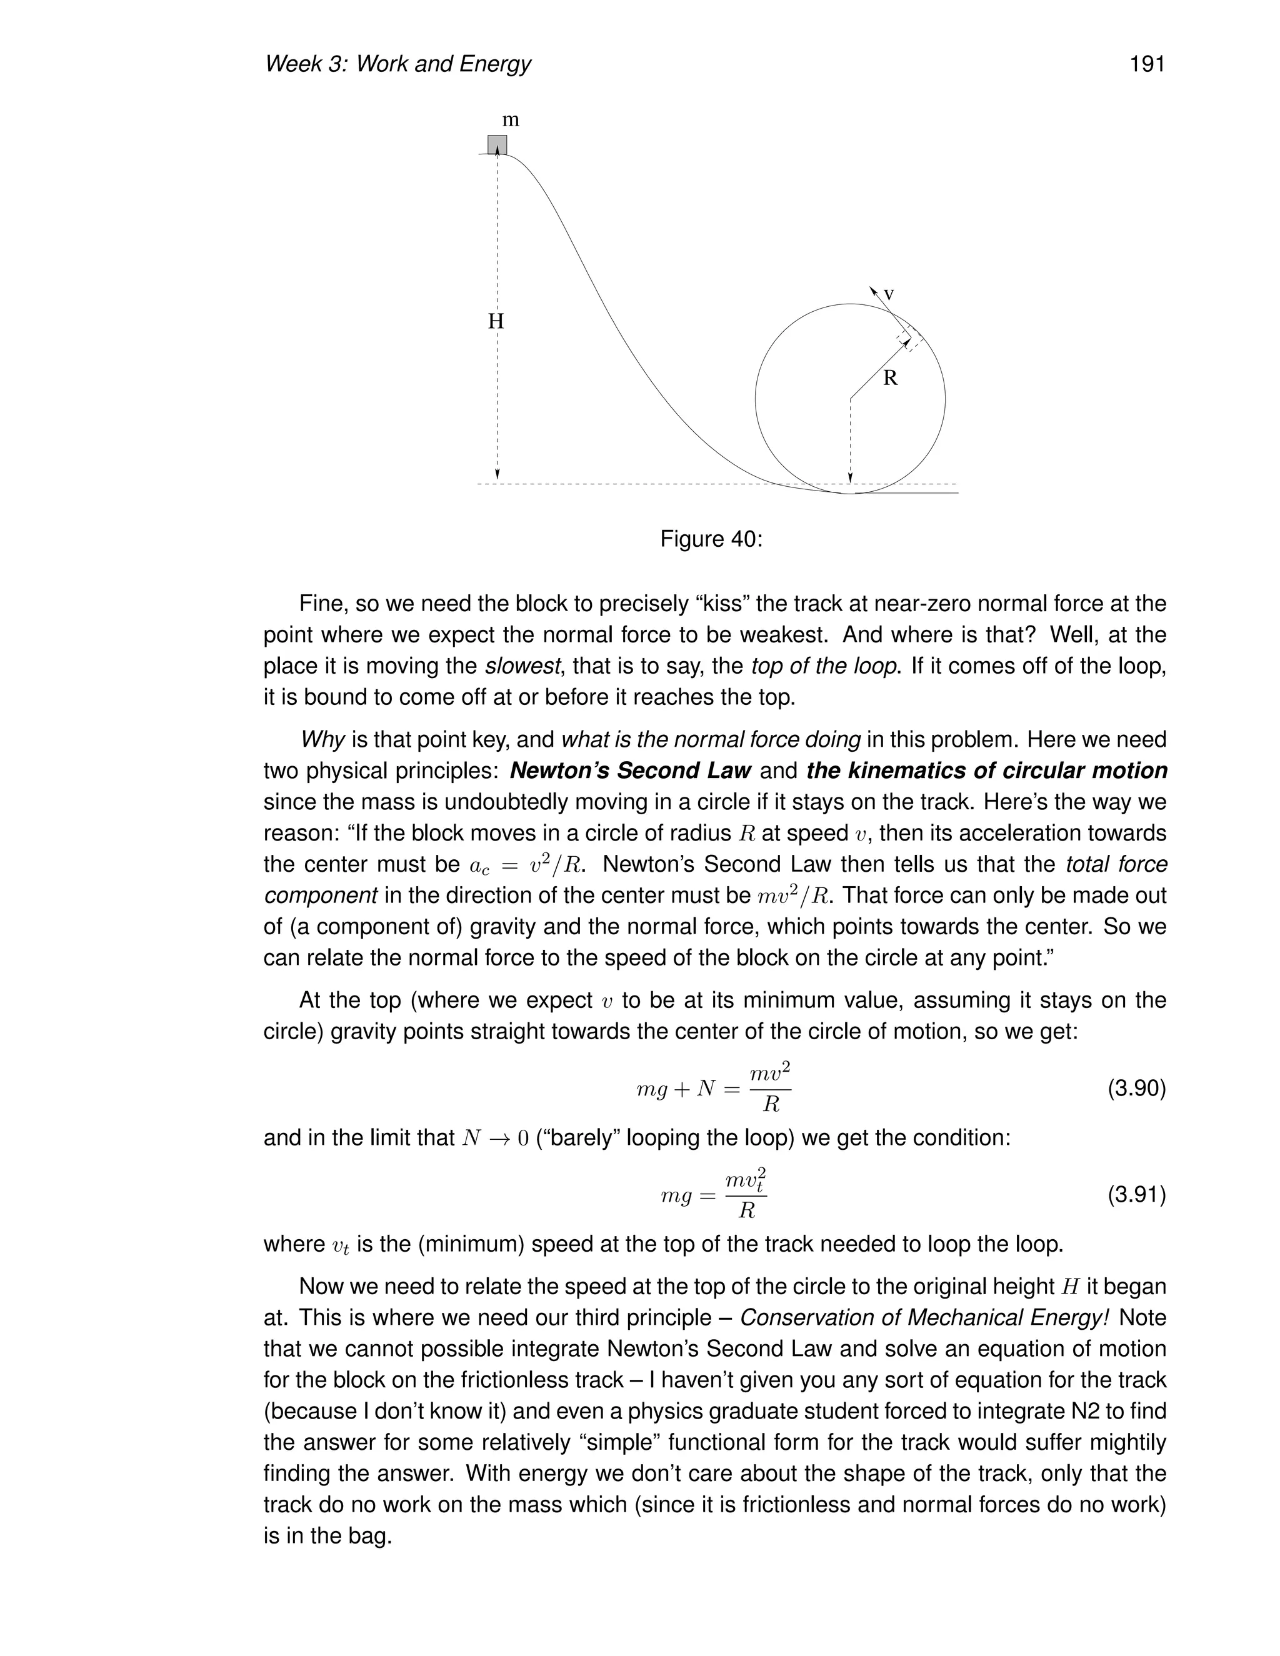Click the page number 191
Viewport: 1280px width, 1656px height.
(1146, 64)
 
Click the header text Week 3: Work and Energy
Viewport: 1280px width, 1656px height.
(397, 64)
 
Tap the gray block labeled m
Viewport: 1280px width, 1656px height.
(497, 144)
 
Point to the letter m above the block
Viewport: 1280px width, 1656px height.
(511, 120)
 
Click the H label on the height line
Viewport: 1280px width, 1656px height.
(495, 321)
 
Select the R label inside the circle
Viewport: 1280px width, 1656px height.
(890, 377)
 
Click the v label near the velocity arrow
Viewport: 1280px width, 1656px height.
(889, 294)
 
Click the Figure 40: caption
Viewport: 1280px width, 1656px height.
(711, 539)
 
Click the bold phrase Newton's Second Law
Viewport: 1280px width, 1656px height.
(630, 771)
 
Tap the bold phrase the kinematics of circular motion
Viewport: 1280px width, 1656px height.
(986, 771)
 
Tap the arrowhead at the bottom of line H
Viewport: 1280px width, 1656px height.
(497, 476)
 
